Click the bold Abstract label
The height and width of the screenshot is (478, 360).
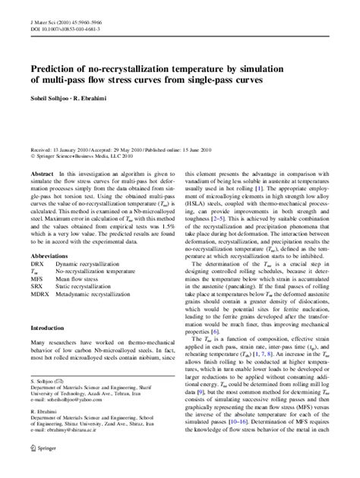[x=41, y=174]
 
